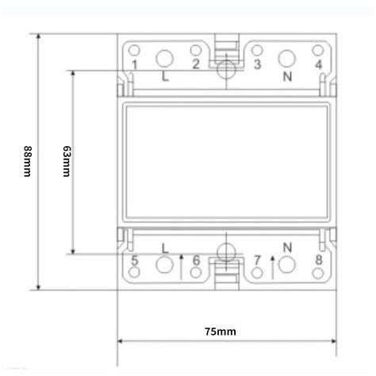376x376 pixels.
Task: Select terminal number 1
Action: (x=135, y=64)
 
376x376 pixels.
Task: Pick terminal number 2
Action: (x=195, y=64)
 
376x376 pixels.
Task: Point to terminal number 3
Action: (x=257, y=64)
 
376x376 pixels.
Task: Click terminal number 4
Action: (x=317, y=64)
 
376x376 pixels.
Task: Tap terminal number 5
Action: (x=135, y=259)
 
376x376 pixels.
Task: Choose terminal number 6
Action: (x=195, y=259)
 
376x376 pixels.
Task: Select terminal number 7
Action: (x=257, y=259)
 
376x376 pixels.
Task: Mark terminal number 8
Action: (x=317, y=259)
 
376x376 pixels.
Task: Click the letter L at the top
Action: (x=164, y=78)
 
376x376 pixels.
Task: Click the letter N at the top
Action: (x=288, y=78)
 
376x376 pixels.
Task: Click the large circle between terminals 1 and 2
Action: (x=165, y=58)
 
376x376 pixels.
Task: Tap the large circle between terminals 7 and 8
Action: (x=287, y=265)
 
